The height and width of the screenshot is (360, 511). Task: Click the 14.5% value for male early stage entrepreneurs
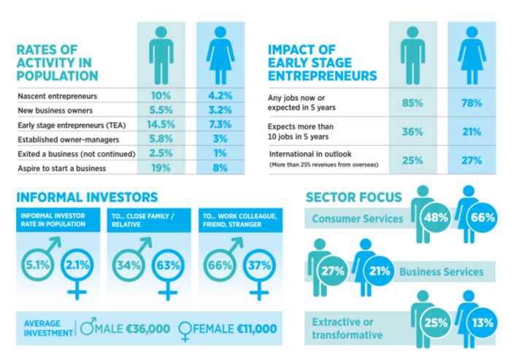pos(161,125)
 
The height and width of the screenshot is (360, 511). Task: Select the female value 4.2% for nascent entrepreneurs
pos(220,96)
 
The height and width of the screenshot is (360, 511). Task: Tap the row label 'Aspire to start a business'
pos(62,168)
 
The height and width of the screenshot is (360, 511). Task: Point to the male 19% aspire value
pos(161,168)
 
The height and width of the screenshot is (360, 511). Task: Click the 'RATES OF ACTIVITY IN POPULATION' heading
pos(58,63)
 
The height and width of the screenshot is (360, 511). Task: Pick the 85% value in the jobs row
pos(412,103)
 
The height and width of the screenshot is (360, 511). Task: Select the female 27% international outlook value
pos(472,161)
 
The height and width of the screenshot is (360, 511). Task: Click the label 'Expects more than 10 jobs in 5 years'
pos(301,131)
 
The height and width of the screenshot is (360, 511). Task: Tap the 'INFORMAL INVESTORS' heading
pos(87,197)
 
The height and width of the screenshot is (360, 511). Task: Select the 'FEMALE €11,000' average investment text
pos(228,329)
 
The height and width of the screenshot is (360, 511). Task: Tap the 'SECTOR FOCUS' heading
pos(354,198)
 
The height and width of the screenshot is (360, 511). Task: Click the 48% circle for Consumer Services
pos(436,217)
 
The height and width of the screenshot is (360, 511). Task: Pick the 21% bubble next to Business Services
pos(380,271)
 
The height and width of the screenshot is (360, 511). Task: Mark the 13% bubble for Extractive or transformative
pos(483,323)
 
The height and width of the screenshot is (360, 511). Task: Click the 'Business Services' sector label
pos(442,272)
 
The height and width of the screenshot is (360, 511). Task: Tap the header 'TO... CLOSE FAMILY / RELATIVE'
pos(143,221)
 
